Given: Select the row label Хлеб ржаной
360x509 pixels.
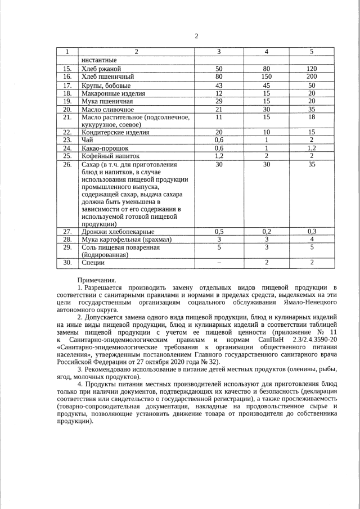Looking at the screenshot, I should coord(101,69).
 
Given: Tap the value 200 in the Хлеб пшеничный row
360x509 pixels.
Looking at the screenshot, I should coord(311,76).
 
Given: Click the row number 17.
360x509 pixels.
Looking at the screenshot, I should coord(67,85).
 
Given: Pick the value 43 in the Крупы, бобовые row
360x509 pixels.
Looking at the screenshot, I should coord(219,85).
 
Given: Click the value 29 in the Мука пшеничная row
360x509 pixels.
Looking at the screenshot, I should coord(219,101).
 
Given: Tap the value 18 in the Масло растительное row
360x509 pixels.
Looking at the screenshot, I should coord(311,118).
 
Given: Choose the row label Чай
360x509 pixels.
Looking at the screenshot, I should coord(87,140).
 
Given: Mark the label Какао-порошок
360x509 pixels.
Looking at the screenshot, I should coord(105,148).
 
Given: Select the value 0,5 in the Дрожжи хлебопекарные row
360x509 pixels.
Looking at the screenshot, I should coord(219,231).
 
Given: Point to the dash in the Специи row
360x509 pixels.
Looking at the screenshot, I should coord(219,263).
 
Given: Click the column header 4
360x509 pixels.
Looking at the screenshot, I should coord(266,52).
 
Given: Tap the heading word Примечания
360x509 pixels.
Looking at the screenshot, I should coord(97,280).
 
